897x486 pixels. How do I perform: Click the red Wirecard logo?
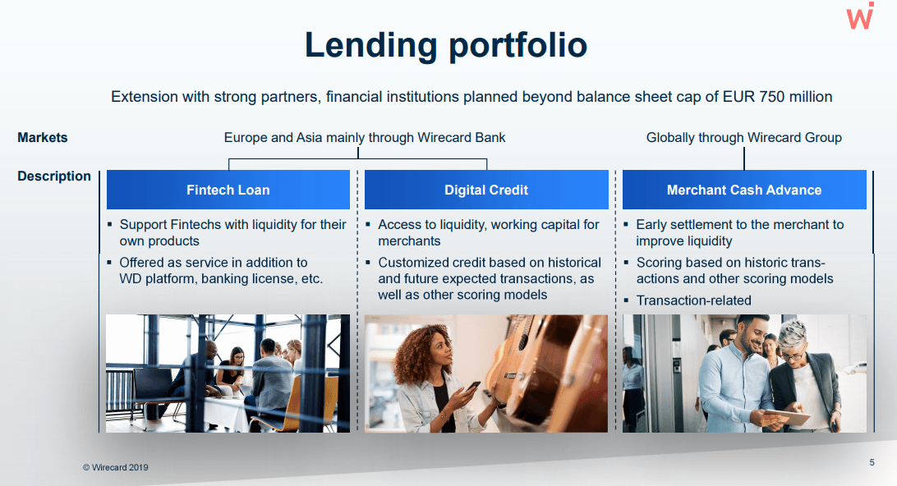pyautogui.click(x=860, y=16)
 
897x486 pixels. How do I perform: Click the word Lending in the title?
pyautogui.click(x=371, y=46)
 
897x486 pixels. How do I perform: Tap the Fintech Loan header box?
pyautogui.click(x=228, y=190)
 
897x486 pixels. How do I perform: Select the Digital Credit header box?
pyautogui.click(x=486, y=190)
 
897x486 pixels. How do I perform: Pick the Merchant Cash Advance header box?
pyautogui.click(x=744, y=190)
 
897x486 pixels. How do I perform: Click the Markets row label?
pyautogui.click(x=43, y=137)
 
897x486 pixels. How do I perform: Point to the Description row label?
pyautogui.click(x=53, y=177)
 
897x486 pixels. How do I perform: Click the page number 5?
pyautogui.click(x=872, y=462)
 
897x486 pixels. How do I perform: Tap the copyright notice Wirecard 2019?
pyautogui.click(x=116, y=467)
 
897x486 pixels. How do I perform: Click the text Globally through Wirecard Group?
pyautogui.click(x=743, y=137)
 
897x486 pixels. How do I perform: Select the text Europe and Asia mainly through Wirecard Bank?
pyautogui.click(x=365, y=137)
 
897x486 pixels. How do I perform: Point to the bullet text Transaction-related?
pyautogui.click(x=694, y=300)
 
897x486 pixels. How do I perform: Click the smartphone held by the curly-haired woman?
pyautogui.click(x=472, y=387)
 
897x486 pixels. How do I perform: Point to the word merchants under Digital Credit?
pyautogui.click(x=409, y=241)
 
